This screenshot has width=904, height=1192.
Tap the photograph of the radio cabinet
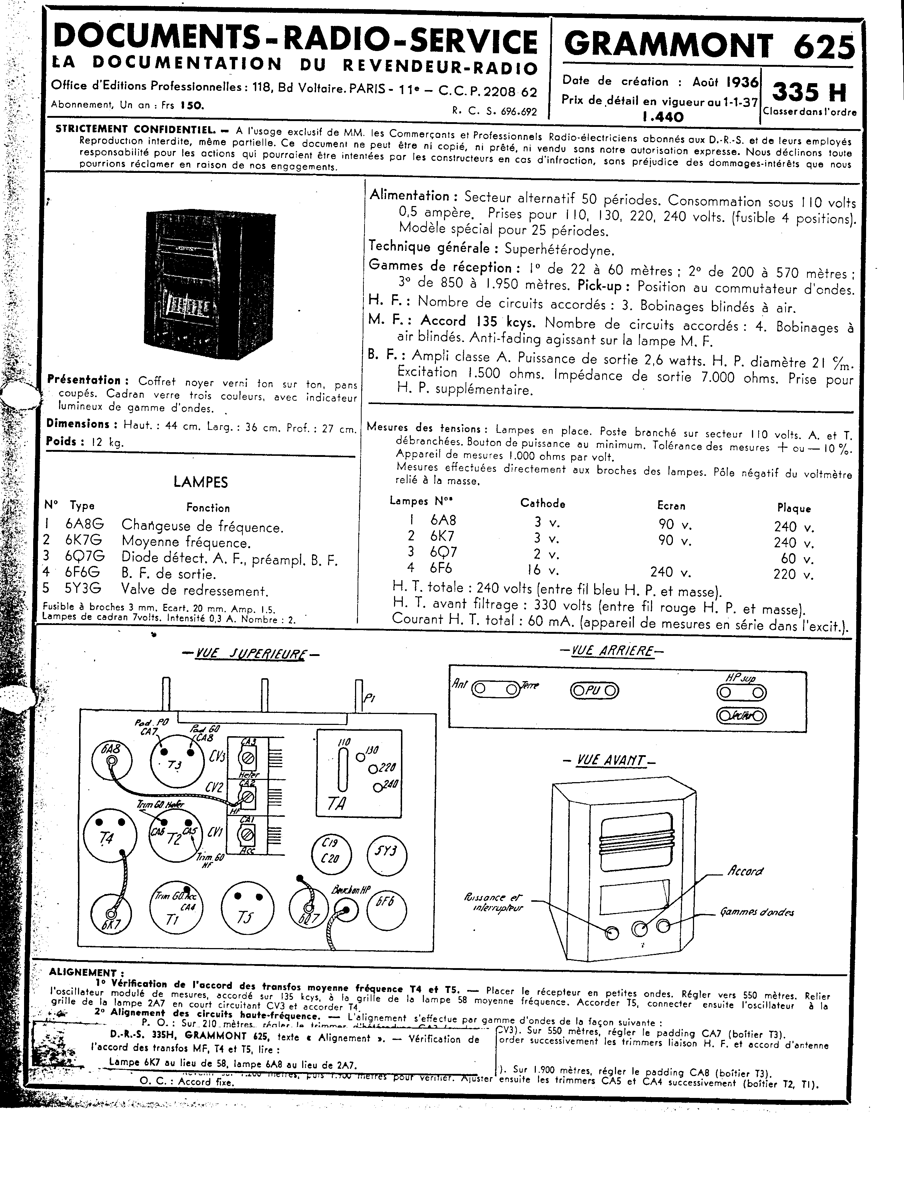tap(210, 286)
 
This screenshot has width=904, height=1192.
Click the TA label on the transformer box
tap(337, 803)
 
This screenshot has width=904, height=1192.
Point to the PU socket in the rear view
tap(594, 690)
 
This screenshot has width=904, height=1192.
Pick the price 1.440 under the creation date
tap(663, 116)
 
